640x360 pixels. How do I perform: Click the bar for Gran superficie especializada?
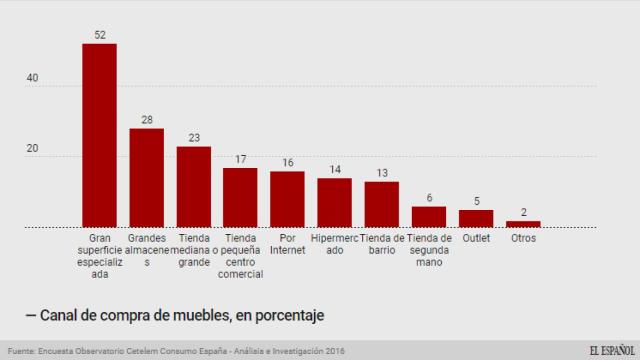tap(99, 136)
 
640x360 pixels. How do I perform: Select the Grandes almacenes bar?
tap(146, 178)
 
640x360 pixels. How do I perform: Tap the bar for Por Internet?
tap(288, 199)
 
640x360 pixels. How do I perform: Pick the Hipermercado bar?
tap(335, 203)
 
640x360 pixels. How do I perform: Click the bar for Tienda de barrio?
tap(382, 204)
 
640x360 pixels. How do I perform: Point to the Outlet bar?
tap(476, 218)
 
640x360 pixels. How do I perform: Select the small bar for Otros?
tap(523, 224)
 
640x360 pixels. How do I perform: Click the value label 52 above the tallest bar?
tap(99, 35)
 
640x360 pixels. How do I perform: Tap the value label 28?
tap(146, 120)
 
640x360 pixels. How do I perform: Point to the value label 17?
tap(240, 159)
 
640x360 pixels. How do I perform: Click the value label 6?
tap(429, 198)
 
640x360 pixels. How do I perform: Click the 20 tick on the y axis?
tap(32, 149)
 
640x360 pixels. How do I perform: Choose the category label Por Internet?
tap(288, 245)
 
